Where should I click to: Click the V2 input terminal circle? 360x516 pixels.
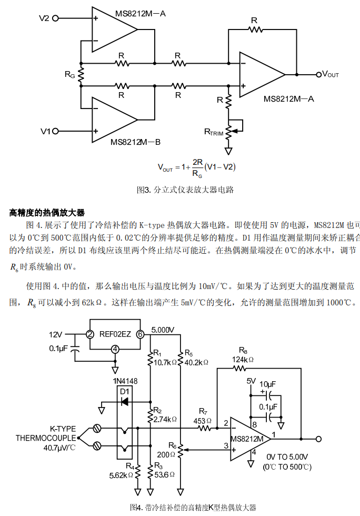click(55, 18)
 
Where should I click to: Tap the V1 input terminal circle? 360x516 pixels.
click(55, 131)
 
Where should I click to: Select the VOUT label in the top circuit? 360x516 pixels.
click(330, 74)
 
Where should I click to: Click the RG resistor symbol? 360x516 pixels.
click(81, 74)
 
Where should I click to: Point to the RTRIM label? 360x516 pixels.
click(214, 132)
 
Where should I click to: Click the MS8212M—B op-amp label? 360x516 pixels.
click(135, 142)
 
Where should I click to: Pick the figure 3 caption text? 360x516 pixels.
click(185, 190)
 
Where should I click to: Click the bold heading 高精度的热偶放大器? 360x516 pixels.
click(47, 213)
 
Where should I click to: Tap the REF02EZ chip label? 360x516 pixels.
click(115, 334)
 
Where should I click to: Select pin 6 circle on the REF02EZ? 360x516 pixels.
click(140, 334)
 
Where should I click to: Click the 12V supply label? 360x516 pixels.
click(55, 335)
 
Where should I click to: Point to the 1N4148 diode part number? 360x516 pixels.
click(125, 381)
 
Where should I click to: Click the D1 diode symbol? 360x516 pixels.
click(125, 402)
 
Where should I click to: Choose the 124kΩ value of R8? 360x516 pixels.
click(243, 359)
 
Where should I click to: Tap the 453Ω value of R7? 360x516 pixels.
click(203, 421)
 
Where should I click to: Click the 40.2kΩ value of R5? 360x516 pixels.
click(196, 362)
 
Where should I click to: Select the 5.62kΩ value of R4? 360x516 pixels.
click(121, 475)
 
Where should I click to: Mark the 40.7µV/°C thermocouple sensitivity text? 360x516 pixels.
click(59, 448)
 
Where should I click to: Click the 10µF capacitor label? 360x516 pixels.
click(267, 384)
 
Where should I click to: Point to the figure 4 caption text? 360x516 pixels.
click(193, 507)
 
